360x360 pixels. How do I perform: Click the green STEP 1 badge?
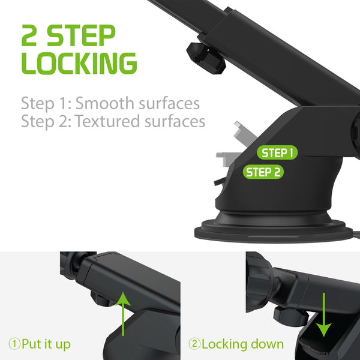277,152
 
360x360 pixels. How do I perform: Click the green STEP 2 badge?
263,172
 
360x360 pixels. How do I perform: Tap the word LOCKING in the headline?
79,63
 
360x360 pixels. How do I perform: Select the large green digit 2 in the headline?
29,35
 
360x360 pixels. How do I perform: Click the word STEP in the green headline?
81,35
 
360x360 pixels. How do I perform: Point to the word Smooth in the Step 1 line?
105,103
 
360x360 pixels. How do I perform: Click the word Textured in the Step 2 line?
107,121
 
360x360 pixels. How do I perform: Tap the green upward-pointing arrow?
123,314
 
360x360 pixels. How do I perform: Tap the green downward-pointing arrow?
324,314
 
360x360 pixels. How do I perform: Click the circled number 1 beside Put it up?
14,344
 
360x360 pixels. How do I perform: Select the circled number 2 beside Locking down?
194,344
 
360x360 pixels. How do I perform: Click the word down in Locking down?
267,344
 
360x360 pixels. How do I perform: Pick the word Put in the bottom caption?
31,344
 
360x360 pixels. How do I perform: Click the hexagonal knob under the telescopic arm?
206,58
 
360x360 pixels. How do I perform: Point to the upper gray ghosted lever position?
245,133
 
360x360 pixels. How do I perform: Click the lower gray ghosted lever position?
228,159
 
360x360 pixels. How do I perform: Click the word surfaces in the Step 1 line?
169,103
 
